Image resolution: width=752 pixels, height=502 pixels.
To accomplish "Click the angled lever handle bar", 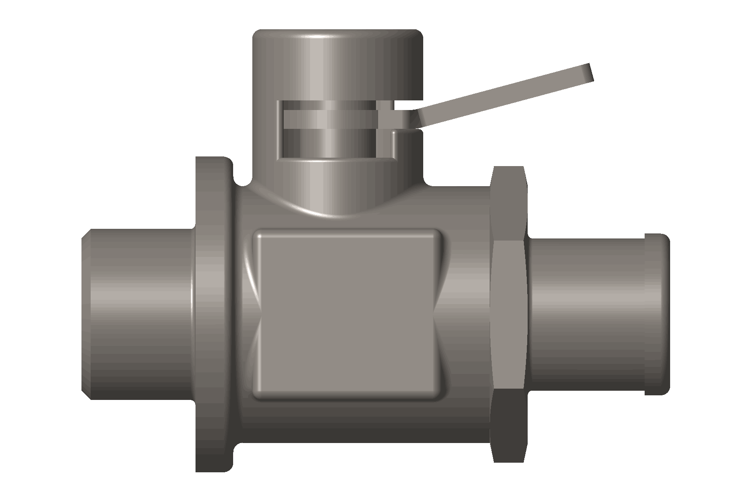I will [501, 96].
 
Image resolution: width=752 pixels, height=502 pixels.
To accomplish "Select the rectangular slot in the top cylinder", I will [334, 130].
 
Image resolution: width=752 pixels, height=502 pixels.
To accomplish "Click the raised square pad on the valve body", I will [347, 314].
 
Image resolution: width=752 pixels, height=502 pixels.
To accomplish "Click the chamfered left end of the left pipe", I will [86, 314].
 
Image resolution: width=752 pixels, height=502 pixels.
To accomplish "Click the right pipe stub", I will [585, 314].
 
